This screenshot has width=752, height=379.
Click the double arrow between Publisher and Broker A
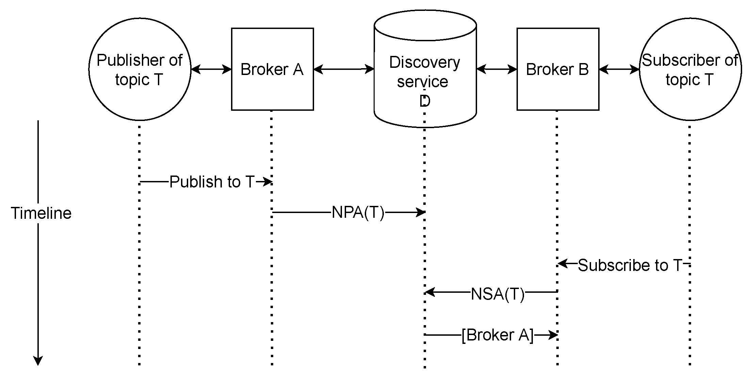pyautogui.click(x=211, y=70)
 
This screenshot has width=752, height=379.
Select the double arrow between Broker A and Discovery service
pyautogui.click(x=344, y=70)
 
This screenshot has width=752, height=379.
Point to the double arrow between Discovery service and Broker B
pyautogui.click(x=496, y=70)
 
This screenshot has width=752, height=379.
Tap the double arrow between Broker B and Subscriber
pyautogui.click(x=619, y=70)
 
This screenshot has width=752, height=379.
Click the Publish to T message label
pyautogui.click(x=212, y=182)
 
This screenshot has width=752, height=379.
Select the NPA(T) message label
pyautogui.click(x=358, y=213)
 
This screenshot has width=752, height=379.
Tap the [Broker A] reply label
pyautogui.click(x=497, y=335)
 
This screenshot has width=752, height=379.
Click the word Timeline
pyautogui.click(x=41, y=213)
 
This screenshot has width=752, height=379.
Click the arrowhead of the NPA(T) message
pyautogui.click(x=421, y=213)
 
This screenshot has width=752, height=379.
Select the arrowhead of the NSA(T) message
pyautogui.click(x=430, y=292)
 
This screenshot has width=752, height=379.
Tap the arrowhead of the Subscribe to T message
pyautogui.click(x=562, y=263)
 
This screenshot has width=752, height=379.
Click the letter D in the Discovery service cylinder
pyautogui.click(x=425, y=101)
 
